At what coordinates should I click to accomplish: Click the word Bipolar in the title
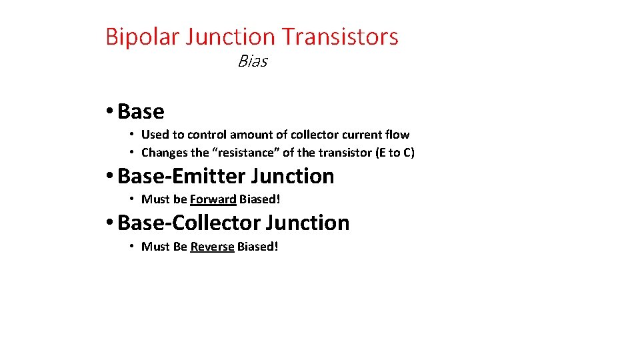pyautogui.click(x=142, y=37)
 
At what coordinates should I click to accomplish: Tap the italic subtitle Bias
pyautogui.click(x=253, y=62)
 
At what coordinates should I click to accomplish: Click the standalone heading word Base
pyautogui.click(x=141, y=111)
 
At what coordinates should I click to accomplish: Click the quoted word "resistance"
pyautogui.click(x=246, y=153)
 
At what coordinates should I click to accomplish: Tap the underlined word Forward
pyautogui.click(x=213, y=199)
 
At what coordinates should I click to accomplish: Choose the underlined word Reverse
pyautogui.click(x=212, y=247)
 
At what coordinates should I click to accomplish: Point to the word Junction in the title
pyautogui.click(x=230, y=37)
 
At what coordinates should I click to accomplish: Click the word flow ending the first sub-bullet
pyautogui.click(x=396, y=135)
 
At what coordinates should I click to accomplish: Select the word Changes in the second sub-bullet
pyautogui.click(x=164, y=153)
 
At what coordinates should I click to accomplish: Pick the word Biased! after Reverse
pyautogui.click(x=257, y=247)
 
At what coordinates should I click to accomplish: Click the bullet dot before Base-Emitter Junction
pyautogui.click(x=109, y=177)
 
